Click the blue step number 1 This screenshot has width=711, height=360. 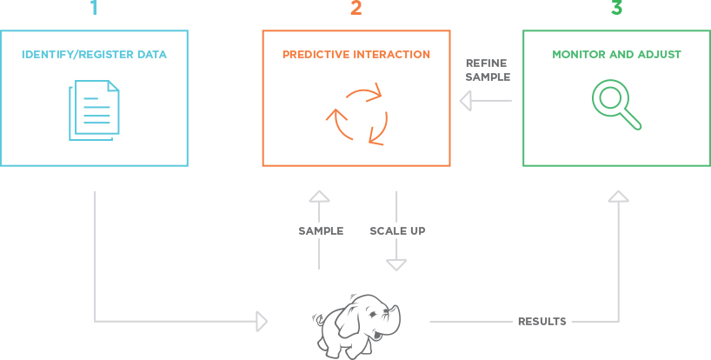(x=95, y=8)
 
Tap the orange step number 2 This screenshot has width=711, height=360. (x=356, y=8)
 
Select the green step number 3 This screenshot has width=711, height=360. (x=616, y=8)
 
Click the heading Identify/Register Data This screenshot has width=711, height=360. (x=95, y=55)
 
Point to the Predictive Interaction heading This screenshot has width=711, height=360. (x=356, y=55)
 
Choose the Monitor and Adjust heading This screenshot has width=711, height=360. (x=616, y=55)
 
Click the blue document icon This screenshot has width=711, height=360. (x=95, y=110)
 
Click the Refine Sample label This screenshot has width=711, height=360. (x=488, y=70)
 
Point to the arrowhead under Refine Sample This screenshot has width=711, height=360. (x=466, y=101)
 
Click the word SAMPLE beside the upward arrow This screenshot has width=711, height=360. (x=321, y=231)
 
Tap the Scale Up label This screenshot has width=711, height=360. (x=398, y=231)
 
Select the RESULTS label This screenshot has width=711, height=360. (x=542, y=322)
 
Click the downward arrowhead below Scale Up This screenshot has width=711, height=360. (x=395, y=265)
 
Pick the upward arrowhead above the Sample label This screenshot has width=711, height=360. (x=319, y=197)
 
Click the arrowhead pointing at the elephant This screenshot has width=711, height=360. (x=262, y=322)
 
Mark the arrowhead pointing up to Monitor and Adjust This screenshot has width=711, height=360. (x=619, y=197)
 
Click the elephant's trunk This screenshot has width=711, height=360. (x=394, y=317)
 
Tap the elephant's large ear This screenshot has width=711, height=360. (x=349, y=320)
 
